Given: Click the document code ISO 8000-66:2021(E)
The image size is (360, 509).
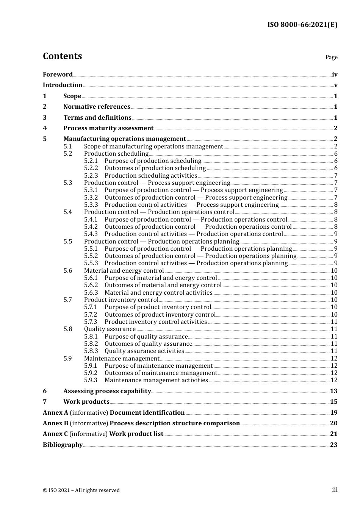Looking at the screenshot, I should [302, 25].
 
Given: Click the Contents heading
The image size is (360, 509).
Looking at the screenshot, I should [62, 56].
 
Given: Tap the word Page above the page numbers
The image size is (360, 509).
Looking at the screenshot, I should [331, 57].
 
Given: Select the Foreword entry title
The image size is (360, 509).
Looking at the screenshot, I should [58, 75].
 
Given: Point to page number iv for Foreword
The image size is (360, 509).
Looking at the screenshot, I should [335, 75].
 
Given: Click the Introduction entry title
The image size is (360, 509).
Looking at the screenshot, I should [63, 85].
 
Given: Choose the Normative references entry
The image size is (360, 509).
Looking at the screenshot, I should [97, 107].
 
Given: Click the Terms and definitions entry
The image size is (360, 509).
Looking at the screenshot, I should [97, 118].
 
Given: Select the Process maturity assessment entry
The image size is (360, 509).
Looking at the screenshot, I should [108, 128].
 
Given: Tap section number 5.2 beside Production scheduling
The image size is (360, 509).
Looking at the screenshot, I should [68, 154].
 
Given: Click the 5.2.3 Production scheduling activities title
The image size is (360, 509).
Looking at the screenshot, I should [151, 176].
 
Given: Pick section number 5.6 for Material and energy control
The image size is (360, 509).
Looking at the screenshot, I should [68, 271].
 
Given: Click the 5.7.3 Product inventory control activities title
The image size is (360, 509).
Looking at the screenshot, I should [156, 322].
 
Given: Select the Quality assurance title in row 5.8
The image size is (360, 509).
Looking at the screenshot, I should [110, 329].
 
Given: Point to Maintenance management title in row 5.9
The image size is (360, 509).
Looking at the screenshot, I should [122, 359].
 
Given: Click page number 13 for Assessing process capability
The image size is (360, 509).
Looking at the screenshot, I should [333, 391].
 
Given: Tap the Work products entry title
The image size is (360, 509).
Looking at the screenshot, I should [86, 402].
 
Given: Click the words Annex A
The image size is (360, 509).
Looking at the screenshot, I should [55, 413].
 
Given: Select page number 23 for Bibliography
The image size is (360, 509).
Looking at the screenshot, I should [333, 445].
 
